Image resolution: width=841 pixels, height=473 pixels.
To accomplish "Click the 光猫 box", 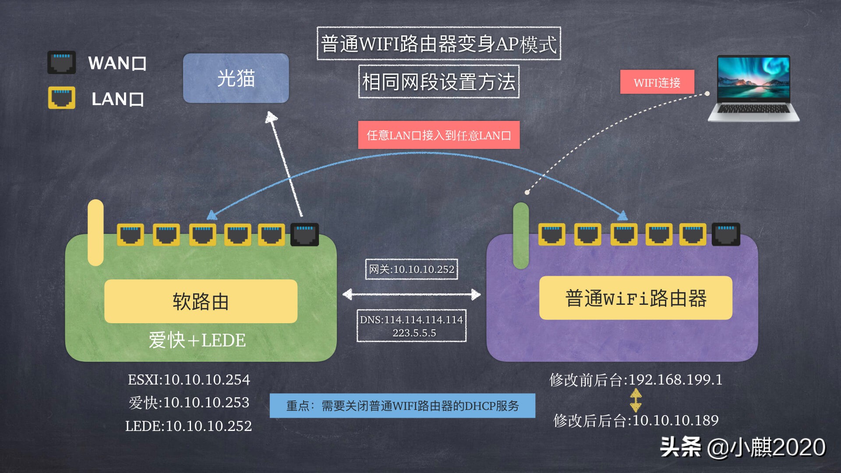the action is click(x=236, y=78).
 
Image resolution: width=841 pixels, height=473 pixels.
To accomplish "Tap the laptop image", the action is click(x=753, y=88).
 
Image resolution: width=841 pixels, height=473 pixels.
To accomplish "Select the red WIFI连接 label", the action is click(x=657, y=82).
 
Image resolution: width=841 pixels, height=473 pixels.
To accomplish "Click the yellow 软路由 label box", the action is click(x=201, y=301).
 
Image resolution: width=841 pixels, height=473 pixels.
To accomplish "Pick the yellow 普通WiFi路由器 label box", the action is click(x=636, y=298).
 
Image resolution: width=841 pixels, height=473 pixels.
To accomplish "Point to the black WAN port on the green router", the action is click(x=305, y=234).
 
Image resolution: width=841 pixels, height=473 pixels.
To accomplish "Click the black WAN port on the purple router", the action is click(x=726, y=234).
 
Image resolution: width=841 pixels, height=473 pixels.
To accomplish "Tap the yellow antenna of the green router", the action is click(x=95, y=233).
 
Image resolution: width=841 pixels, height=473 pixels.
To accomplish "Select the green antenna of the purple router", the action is click(x=521, y=236).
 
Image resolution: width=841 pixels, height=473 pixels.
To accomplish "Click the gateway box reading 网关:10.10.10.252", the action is click(x=411, y=269).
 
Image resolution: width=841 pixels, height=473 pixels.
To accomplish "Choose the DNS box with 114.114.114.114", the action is click(x=411, y=326).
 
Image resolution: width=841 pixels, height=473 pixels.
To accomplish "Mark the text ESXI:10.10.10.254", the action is click(x=189, y=380).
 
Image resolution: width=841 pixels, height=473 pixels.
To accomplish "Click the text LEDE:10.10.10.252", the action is click(x=188, y=426).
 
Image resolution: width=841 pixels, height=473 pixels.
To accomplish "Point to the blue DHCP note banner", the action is click(x=402, y=406).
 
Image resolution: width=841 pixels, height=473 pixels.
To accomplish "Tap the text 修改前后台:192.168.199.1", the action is click(x=636, y=380).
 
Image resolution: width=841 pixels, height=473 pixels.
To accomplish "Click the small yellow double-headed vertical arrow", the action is click(x=636, y=400).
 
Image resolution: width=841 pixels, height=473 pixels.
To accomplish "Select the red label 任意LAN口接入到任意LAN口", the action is click(x=439, y=135).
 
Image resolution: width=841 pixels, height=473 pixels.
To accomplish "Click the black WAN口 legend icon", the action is click(x=61, y=62).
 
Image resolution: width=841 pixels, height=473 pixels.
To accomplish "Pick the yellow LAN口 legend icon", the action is click(x=61, y=97).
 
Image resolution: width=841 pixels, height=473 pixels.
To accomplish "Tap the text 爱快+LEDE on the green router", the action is click(x=197, y=340).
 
